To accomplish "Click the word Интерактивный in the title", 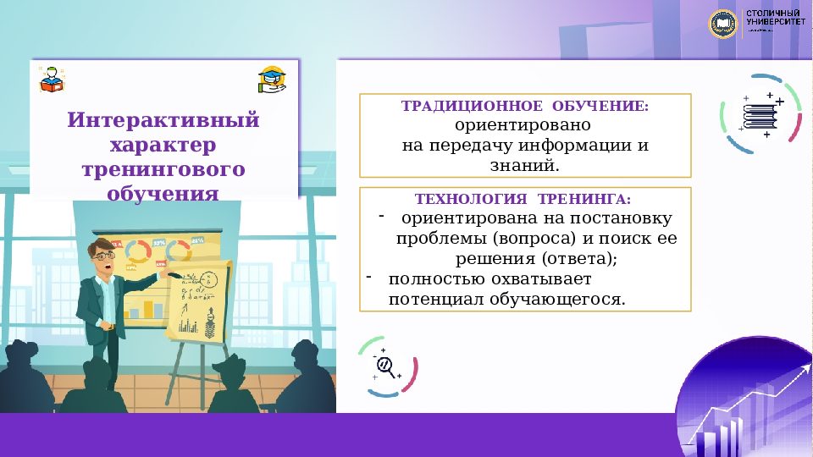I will point(163,119).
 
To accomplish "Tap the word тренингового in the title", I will point(163,169).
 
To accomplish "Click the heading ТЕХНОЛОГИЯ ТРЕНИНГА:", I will point(523,200).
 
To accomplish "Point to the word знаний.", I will point(525,165).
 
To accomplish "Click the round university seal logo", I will point(723,23).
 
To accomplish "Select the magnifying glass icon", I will point(386,366).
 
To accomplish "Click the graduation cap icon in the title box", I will point(272,80).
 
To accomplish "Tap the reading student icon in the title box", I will point(52,79).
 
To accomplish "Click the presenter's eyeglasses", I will point(103,254).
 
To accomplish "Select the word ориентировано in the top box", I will point(525,126).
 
